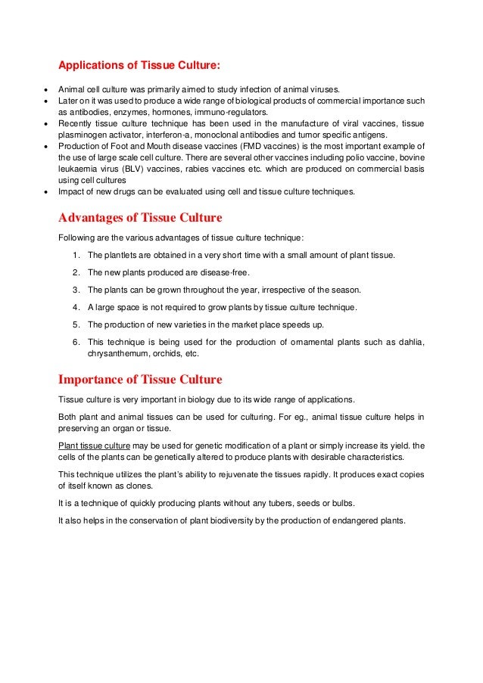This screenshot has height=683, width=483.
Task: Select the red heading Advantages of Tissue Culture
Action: (140, 219)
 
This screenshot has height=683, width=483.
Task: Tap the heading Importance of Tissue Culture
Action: (140, 379)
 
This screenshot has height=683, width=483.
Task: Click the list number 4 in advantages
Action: (76, 307)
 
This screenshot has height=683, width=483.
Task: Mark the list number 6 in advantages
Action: (76, 342)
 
